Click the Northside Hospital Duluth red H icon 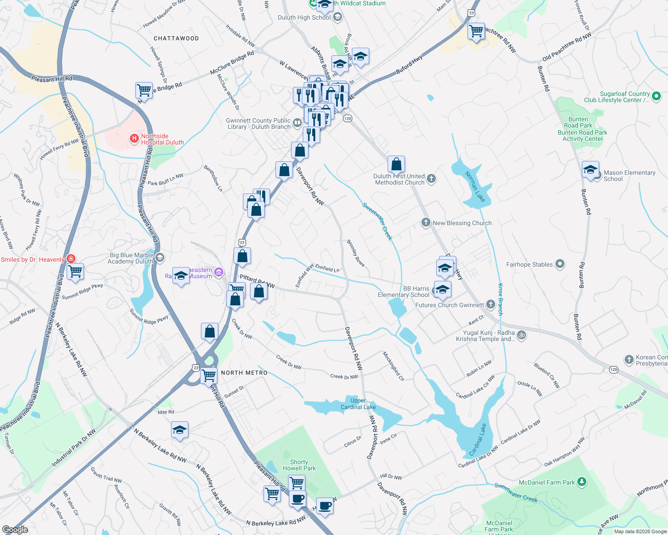pyautogui.click(x=134, y=139)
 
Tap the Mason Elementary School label pyautogui.click(x=629, y=176)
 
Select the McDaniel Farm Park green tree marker pyautogui.click(x=581, y=482)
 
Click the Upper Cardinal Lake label pyautogui.click(x=358, y=403)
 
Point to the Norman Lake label pyautogui.click(x=475, y=186)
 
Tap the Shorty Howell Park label pyautogui.click(x=299, y=465)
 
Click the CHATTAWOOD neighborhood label pyautogui.click(x=176, y=38)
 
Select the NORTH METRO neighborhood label pyautogui.click(x=244, y=373)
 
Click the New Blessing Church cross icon pyautogui.click(x=426, y=222)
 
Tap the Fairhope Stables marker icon pyautogui.click(x=560, y=264)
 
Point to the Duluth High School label pyautogui.click(x=304, y=17)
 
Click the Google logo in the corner pyautogui.click(x=15, y=529)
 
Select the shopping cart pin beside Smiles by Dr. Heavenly pyautogui.click(x=75, y=271)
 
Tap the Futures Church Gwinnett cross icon pyautogui.click(x=491, y=305)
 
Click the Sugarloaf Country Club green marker pyautogui.click(x=656, y=96)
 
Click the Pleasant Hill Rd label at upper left pyautogui.click(x=52, y=79)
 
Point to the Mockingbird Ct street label pyautogui.click(x=393, y=366)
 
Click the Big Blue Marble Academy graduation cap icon pyautogui.click(x=160, y=258)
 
